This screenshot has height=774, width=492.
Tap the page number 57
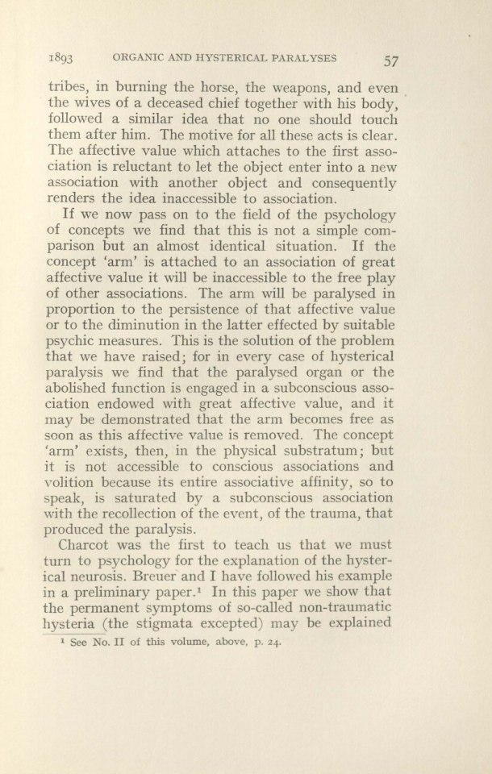(x=394, y=60)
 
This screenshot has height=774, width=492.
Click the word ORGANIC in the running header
(x=144, y=59)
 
